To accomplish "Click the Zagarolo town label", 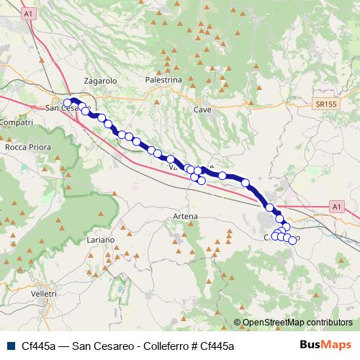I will tap(100, 81).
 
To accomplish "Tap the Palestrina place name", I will tap(163, 81).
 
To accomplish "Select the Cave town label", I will tap(202, 109).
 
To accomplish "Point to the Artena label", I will tap(185, 216).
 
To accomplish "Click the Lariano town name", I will tap(100, 239).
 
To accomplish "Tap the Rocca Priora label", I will tap(27, 147).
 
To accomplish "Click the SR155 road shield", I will tap(326, 104).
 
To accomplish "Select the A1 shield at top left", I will tap(28, 14).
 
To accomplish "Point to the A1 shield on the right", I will tap(336, 207).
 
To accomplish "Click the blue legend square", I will tap(10, 346).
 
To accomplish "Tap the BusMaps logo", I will tap(325, 346).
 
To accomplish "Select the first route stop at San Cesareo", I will tap(68, 103).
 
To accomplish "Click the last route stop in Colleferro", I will tap(292, 240).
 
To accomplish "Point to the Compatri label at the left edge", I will tap(17, 123).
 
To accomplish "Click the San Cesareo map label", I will tap(61, 109).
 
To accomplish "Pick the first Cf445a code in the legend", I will tap(39, 346).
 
